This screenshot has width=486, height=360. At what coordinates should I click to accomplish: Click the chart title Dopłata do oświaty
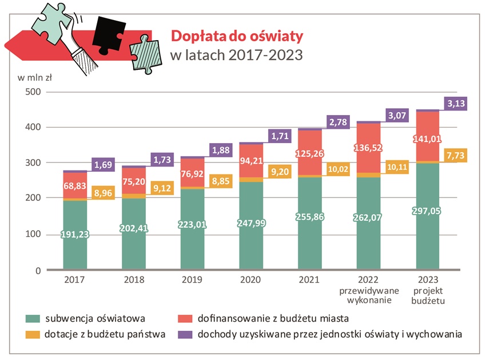(x=237, y=36)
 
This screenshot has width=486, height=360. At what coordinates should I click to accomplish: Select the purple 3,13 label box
(x=456, y=104)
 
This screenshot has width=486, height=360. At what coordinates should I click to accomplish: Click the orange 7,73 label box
(x=456, y=156)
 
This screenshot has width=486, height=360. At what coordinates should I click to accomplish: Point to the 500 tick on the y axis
(x=34, y=92)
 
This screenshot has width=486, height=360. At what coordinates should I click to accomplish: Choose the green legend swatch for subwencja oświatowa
(x=32, y=318)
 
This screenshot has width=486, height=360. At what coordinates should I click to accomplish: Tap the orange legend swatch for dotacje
(x=32, y=334)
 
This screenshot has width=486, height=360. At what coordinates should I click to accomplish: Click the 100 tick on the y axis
(x=34, y=235)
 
